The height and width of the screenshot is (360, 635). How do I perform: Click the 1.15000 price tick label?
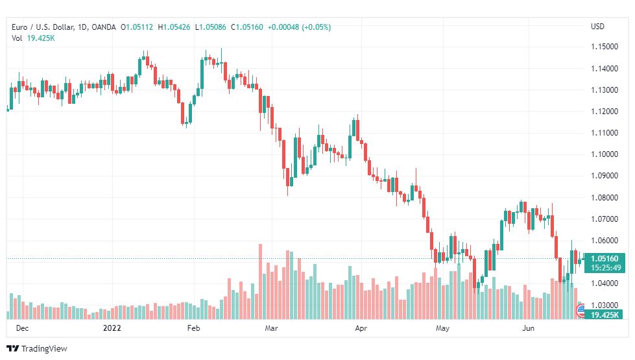tap(605, 47)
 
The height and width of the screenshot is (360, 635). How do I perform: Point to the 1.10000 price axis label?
tap(605, 154)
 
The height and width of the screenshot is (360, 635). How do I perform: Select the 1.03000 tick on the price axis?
tap(605, 305)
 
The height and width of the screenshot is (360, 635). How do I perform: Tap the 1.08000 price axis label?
tap(605, 198)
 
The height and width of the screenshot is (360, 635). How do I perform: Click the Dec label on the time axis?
tap(22, 328)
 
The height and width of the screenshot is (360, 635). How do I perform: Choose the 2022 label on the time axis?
tap(112, 328)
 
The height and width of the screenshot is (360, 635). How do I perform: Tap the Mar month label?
tap(271, 328)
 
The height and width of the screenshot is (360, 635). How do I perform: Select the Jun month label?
tap(528, 328)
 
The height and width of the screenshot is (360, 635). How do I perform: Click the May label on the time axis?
tap(442, 328)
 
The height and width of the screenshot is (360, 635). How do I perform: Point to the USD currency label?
tap(597, 27)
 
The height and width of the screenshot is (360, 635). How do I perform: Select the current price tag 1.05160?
tap(605, 258)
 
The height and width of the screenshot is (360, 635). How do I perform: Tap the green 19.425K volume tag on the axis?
tap(605, 315)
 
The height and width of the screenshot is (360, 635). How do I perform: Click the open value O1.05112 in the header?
tap(137, 27)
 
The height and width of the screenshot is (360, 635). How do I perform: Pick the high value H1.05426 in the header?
tap(174, 27)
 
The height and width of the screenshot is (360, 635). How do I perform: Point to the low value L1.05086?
tap(211, 27)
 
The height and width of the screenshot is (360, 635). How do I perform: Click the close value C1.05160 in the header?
tap(247, 27)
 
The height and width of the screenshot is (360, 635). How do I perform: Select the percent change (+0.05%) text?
tap(317, 27)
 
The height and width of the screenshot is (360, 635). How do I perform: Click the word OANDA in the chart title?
tap(104, 27)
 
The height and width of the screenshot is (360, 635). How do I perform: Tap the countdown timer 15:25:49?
tap(606, 268)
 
